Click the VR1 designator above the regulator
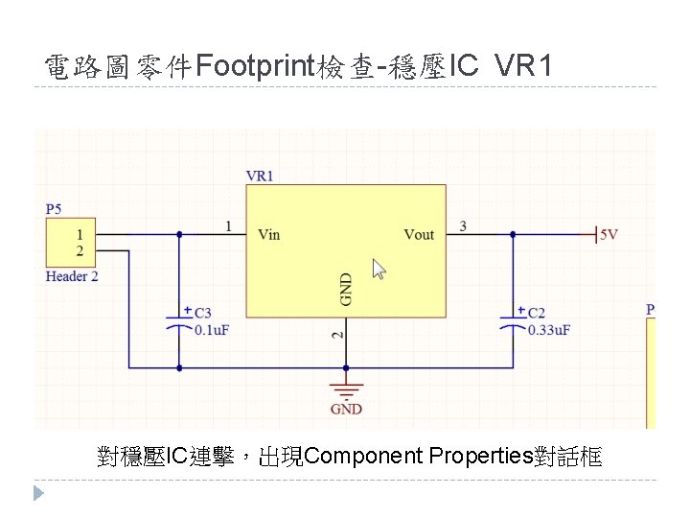(260, 176)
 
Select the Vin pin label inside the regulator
(269, 234)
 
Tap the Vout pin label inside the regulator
(419, 234)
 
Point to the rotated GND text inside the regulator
(346, 289)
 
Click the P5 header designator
(55, 209)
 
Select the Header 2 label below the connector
(72, 276)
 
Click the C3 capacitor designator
(202, 313)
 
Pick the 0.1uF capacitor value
(212, 330)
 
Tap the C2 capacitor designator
(537, 313)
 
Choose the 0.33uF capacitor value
(549, 330)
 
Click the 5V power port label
(608, 234)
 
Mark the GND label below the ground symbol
(346, 410)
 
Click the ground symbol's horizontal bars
(346, 388)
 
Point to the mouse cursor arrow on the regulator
(379, 268)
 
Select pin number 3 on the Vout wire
(464, 225)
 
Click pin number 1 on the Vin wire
(228, 225)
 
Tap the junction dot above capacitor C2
(513, 234)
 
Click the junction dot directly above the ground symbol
(346, 366)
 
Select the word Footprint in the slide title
(257, 66)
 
